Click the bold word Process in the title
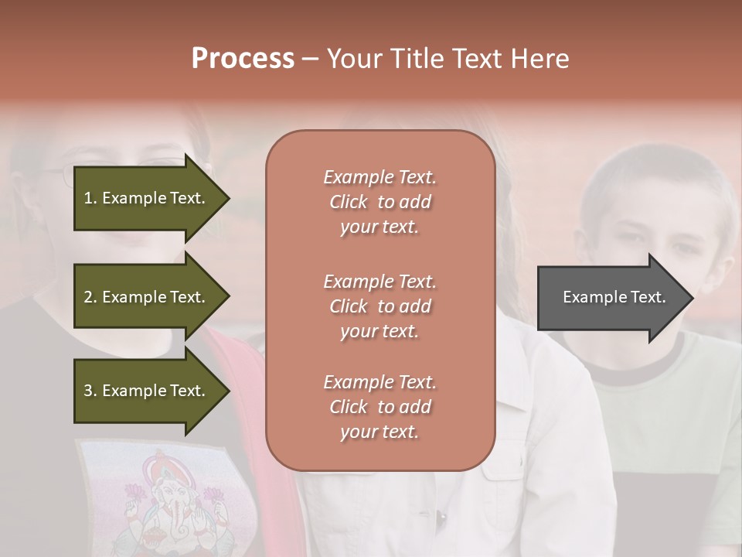(x=243, y=59)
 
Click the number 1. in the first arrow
(x=90, y=198)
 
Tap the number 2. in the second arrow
(x=90, y=297)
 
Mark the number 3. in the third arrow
(x=90, y=391)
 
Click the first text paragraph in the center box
(x=380, y=202)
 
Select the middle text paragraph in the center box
(x=380, y=306)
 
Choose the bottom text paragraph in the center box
(x=380, y=407)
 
